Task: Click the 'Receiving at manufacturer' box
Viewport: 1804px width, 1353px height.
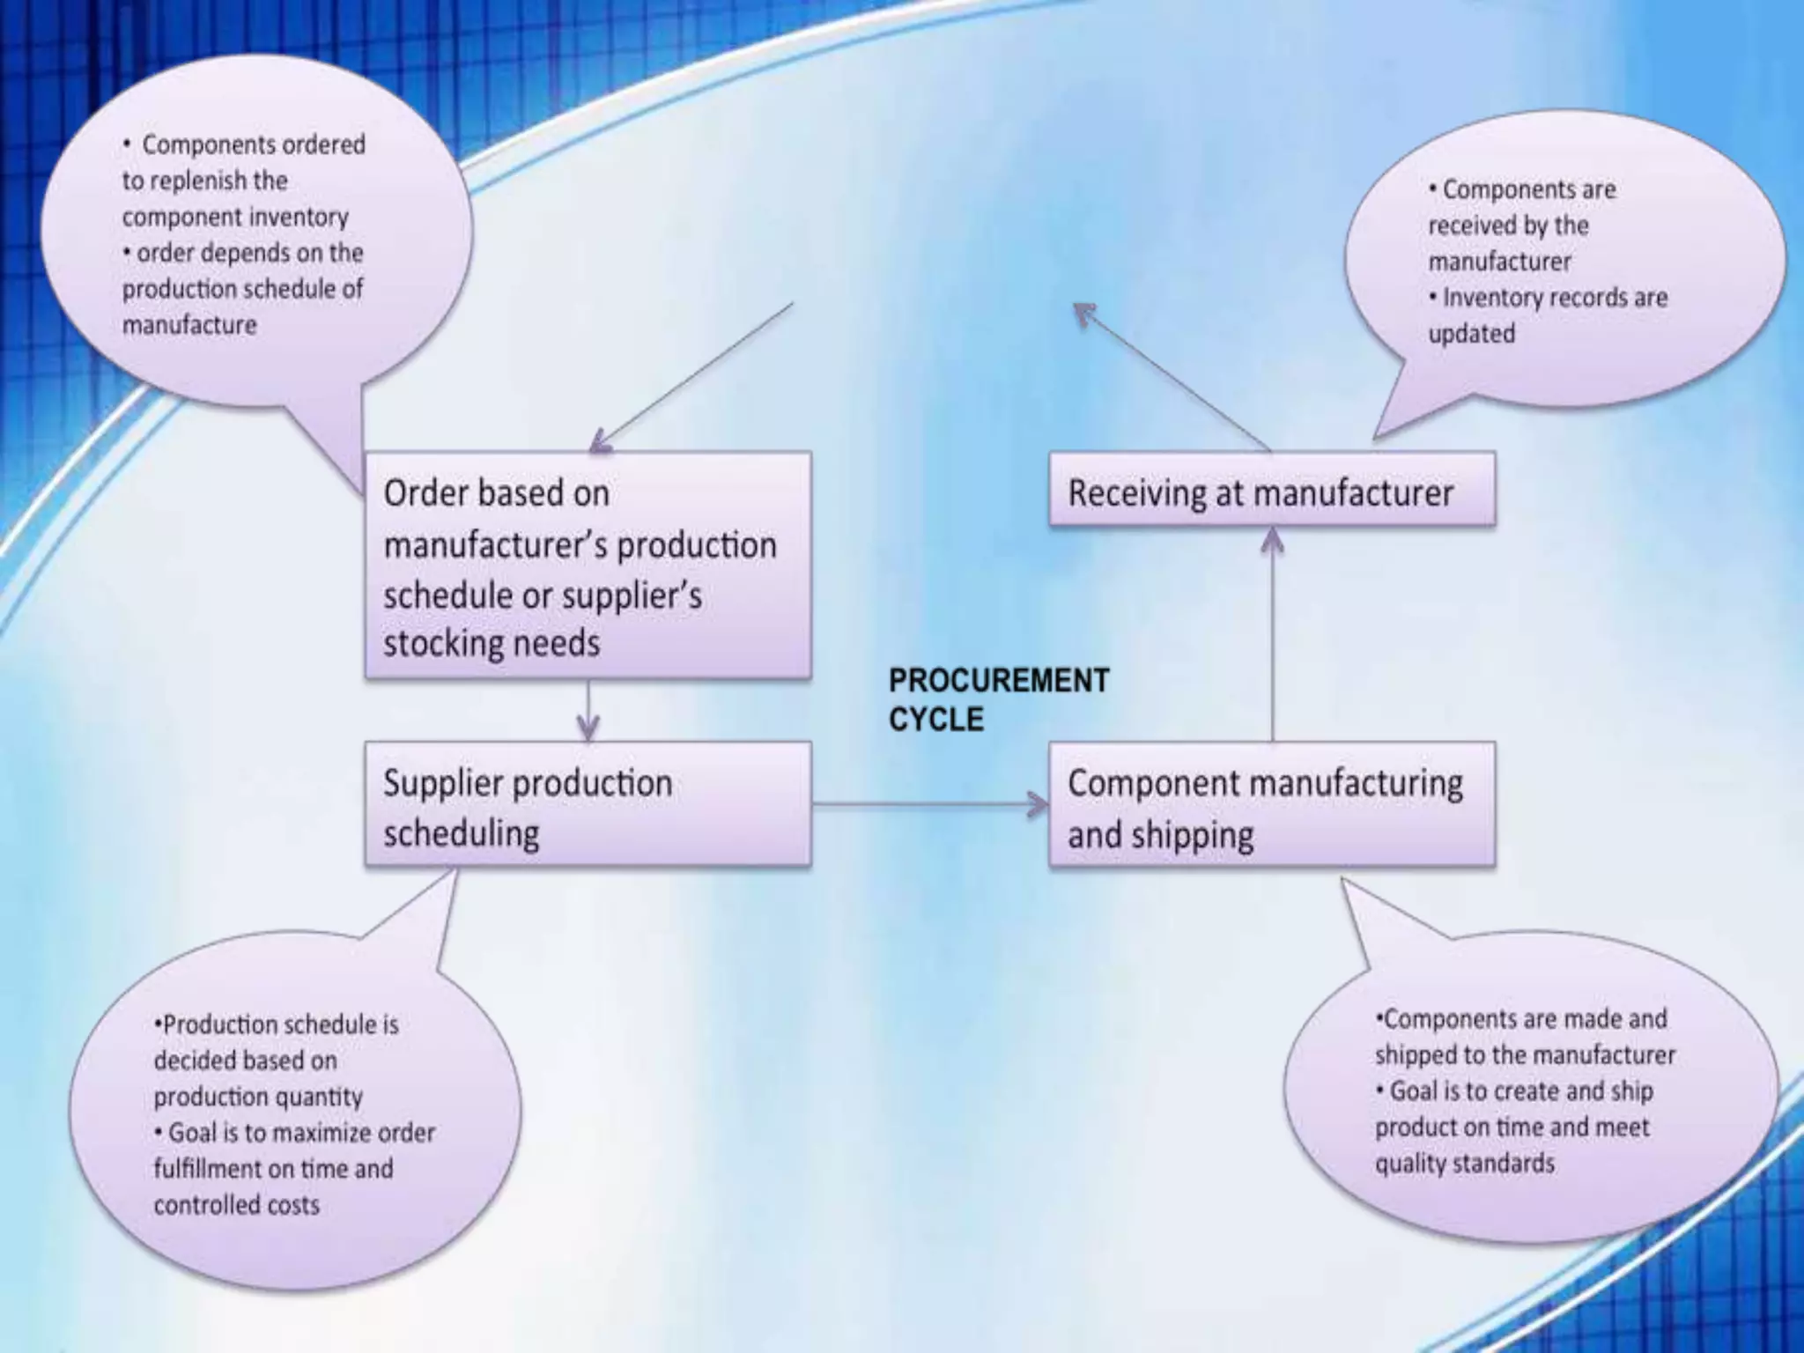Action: click(1271, 490)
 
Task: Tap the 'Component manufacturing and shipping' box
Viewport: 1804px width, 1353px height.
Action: click(1271, 805)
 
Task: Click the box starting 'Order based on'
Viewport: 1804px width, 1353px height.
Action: click(588, 566)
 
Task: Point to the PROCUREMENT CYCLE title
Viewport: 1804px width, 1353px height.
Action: click(998, 699)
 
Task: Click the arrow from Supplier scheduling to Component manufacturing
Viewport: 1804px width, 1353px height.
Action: click(929, 804)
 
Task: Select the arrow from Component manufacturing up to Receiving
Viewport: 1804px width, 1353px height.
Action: click(1272, 634)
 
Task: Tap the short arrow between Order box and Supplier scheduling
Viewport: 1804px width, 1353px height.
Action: click(588, 710)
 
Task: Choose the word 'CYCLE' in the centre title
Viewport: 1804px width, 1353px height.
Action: click(935, 720)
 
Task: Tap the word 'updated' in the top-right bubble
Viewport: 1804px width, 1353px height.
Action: click(1471, 334)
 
